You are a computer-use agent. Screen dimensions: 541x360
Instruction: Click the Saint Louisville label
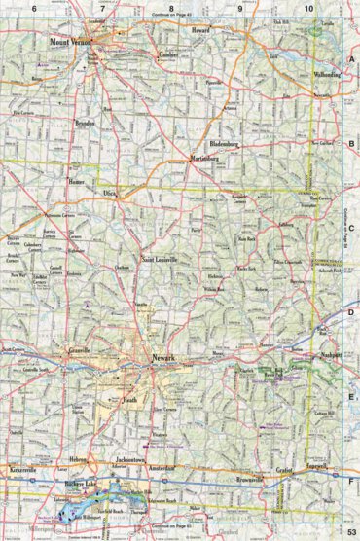coord(161,259)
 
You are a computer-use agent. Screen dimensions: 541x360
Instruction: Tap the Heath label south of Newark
coord(129,400)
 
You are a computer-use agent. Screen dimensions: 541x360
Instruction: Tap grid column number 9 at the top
coord(239,8)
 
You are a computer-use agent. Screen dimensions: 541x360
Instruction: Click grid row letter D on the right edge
coord(351,312)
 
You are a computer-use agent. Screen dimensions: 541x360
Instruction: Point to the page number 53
coord(348,531)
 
